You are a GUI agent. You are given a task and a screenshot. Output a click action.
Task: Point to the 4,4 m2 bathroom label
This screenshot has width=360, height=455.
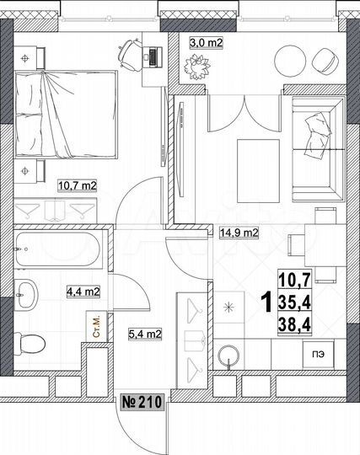tap(83, 292)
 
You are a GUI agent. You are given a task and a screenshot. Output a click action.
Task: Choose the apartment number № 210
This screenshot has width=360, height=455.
tap(141, 401)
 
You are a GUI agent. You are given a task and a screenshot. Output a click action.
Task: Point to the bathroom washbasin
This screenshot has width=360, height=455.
tap(28, 294)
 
